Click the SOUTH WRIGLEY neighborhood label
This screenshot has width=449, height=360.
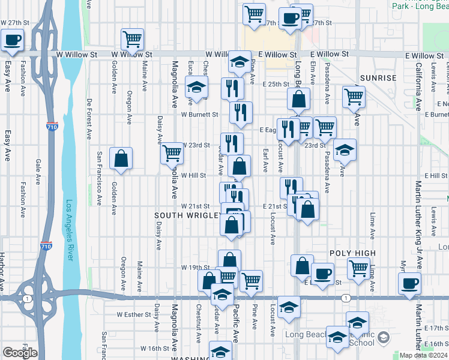187,215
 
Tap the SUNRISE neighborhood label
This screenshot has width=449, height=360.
379,78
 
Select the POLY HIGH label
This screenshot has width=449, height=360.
353,254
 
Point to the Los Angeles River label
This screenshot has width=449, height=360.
70,230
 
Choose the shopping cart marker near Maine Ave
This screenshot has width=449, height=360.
132,39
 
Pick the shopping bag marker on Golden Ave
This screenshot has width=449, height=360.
121,159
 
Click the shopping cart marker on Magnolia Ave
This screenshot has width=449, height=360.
172,154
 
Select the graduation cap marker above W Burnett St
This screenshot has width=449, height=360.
196,88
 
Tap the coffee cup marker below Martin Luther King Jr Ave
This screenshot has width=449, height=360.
410,283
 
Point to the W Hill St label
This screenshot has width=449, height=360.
194,176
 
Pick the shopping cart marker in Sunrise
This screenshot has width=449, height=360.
354,95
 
